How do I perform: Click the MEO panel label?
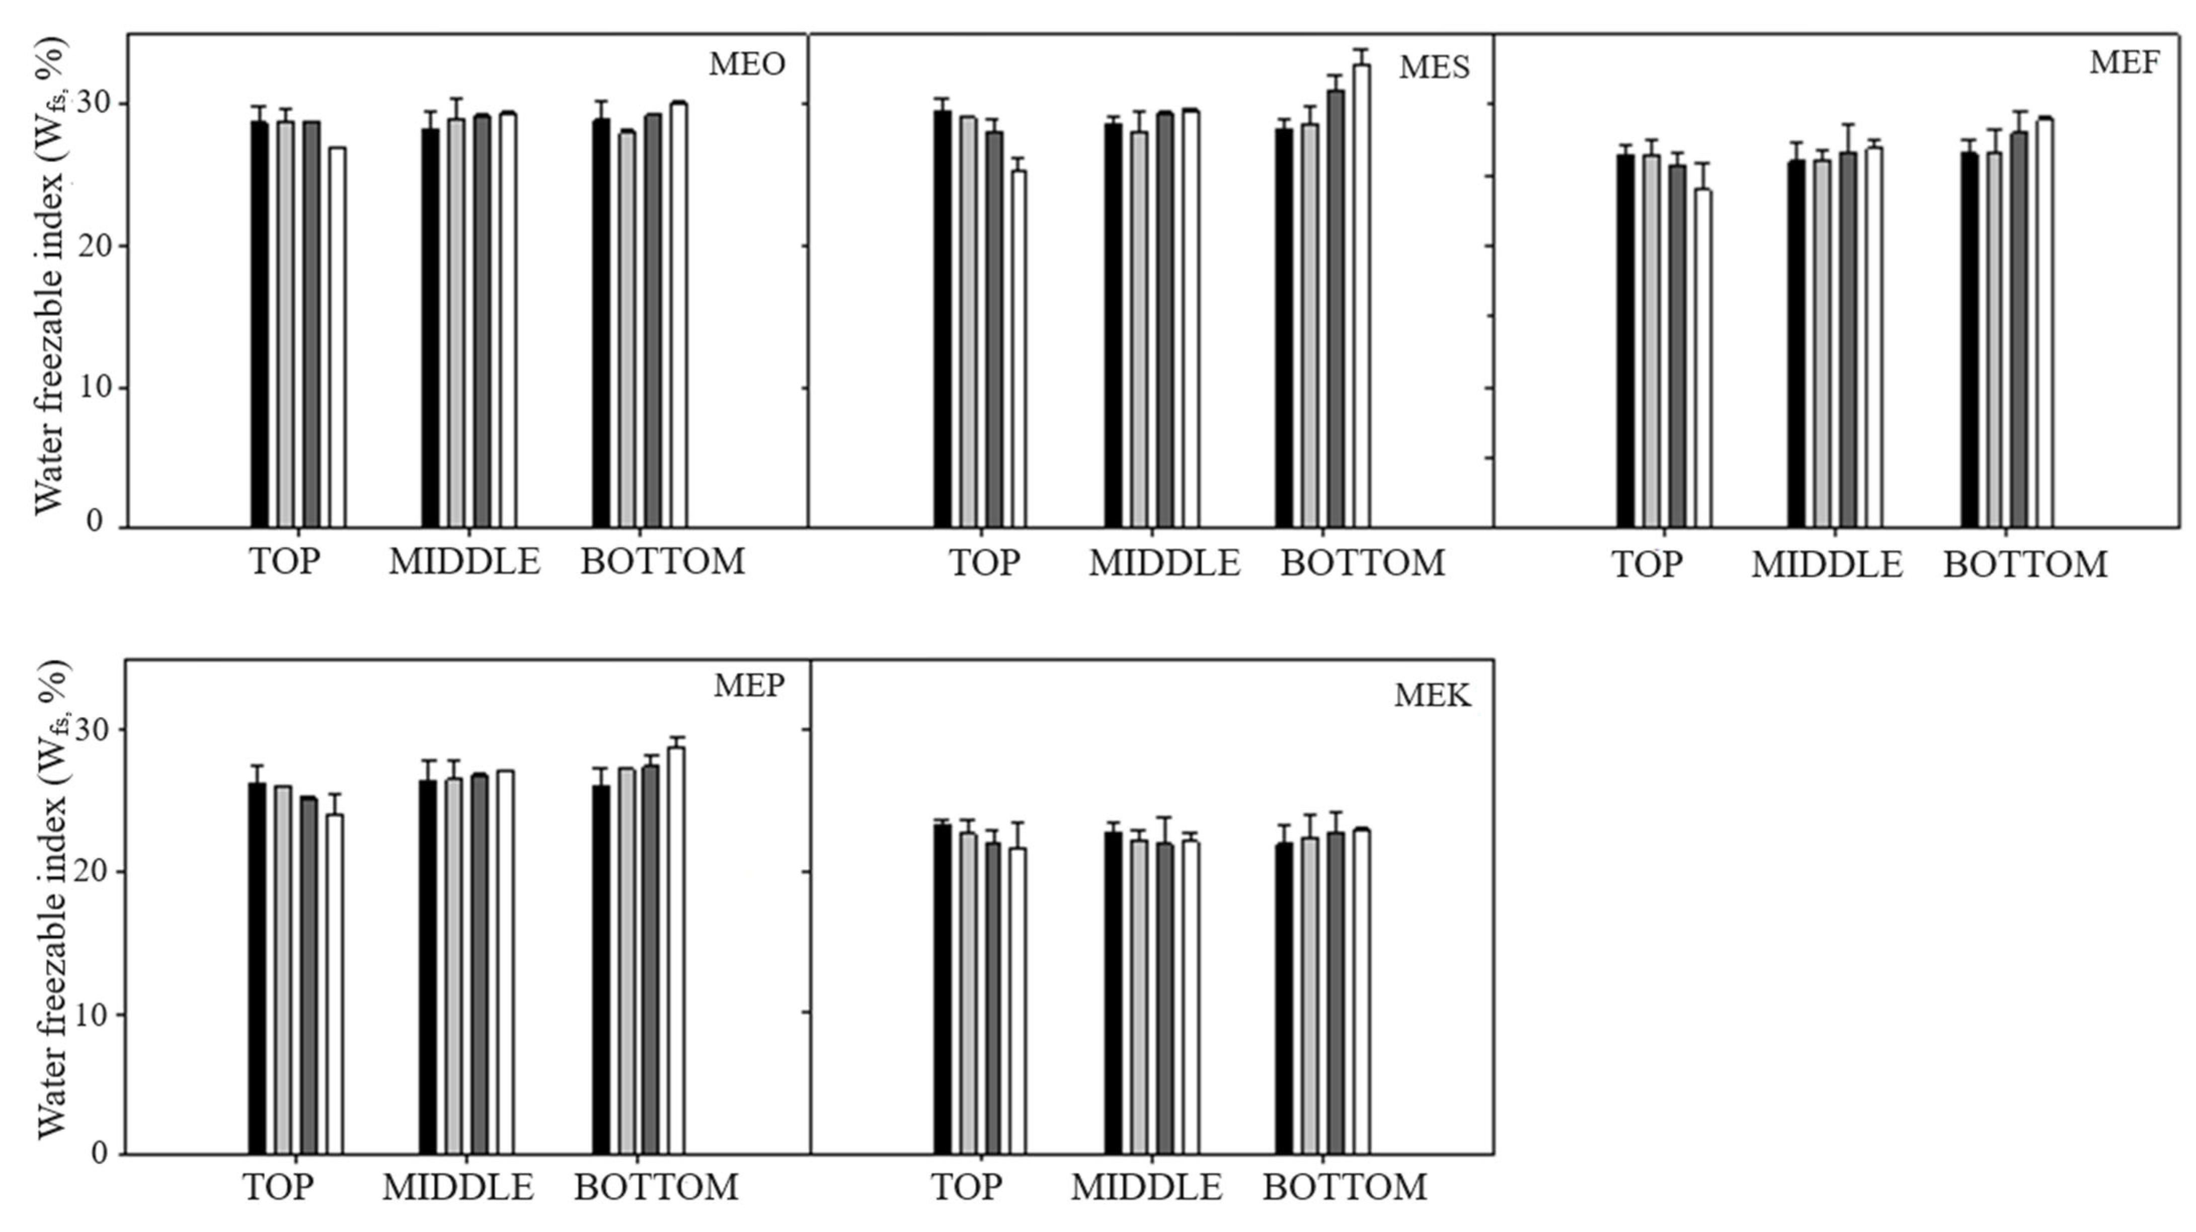747,65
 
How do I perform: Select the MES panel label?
1434,67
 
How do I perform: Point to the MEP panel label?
748,685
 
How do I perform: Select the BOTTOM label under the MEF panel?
2024,565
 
